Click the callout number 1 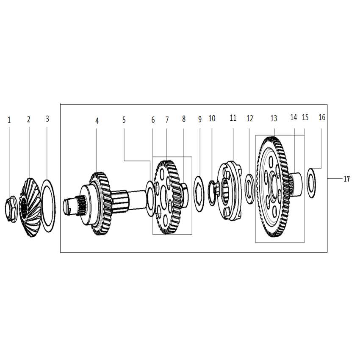pos(9,120)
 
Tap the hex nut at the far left pos(11,209)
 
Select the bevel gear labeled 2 pos(30,208)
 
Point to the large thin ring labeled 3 pos(48,206)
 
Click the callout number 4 pos(97,121)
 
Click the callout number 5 pos(124,120)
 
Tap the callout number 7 pos(167,120)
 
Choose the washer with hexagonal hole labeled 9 pos(199,194)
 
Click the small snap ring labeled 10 pos(212,193)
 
